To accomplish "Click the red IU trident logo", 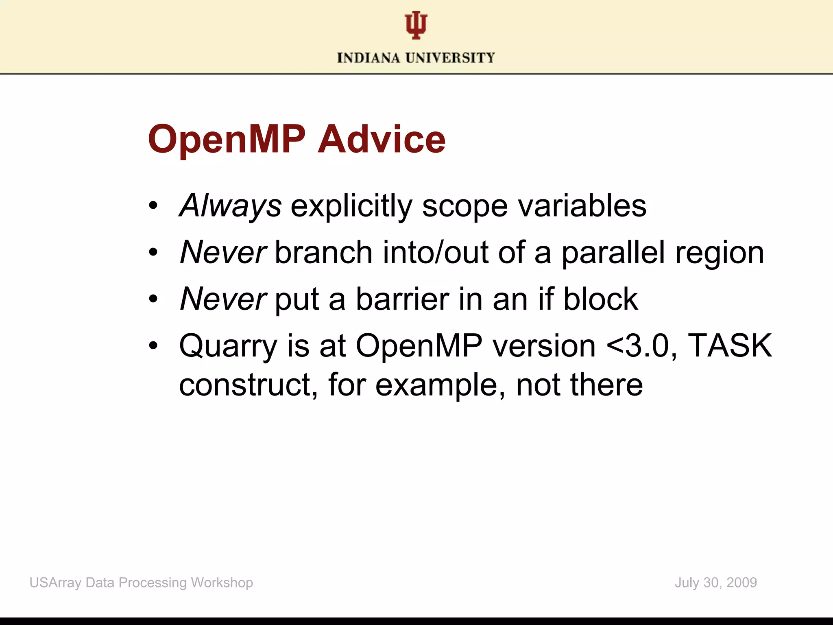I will click(416, 25).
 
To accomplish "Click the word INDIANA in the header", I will click(369, 58).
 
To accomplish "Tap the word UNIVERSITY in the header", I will click(450, 58).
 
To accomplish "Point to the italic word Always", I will click(230, 206).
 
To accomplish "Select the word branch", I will click(324, 252).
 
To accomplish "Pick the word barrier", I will click(402, 299).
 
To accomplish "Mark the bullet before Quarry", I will click(153, 346).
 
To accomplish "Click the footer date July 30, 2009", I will click(715, 583).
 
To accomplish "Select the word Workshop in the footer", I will click(222, 583).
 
